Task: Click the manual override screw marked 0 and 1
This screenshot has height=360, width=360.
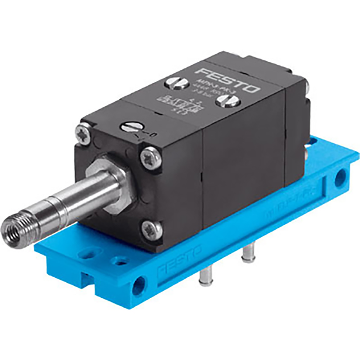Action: tap(129, 125)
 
